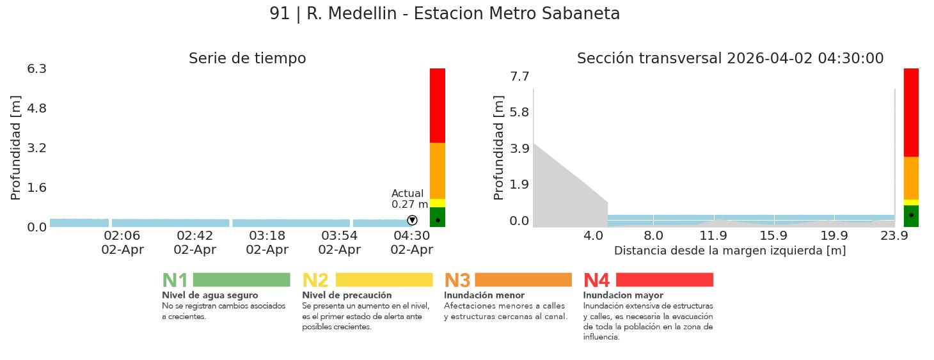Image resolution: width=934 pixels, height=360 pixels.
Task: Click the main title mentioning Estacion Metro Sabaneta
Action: [x=445, y=14]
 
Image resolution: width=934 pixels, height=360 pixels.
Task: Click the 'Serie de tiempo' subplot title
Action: [x=247, y=59]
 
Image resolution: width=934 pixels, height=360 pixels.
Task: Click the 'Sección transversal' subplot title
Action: [x=730, y=59]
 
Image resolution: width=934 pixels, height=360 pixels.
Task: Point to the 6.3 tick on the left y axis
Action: [x=36, y=68]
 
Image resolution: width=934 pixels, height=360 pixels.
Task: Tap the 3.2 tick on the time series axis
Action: [x=36, y=148]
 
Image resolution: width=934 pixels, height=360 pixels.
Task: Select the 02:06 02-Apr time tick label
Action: [x=122, y=243]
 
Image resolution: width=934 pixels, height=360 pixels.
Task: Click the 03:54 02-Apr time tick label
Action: [x=339, y=243]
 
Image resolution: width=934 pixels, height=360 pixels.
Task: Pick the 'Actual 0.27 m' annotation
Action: [x=409, y=199]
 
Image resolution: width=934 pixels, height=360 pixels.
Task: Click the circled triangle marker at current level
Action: [x=412, y=221]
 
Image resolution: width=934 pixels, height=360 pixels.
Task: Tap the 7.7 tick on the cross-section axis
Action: [x=519, y=77]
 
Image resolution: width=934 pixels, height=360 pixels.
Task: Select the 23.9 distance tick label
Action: [x=894, y=235]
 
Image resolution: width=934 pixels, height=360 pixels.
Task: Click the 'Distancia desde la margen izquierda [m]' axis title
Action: [x=730, y=251]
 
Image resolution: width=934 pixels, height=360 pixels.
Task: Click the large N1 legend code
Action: [x=175, y=281]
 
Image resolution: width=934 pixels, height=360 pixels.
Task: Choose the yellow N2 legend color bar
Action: [x=384, y=280]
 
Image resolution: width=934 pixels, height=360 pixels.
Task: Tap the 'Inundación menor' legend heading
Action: [x=484, y=295]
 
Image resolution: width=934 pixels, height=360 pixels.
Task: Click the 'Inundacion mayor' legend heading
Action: [x=623, y=295]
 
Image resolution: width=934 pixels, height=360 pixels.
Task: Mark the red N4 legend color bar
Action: [x=664, y=280]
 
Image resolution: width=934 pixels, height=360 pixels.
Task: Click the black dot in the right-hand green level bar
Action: [x=911, y=215]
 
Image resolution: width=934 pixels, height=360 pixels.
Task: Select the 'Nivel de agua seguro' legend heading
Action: [x=210, y=295]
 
